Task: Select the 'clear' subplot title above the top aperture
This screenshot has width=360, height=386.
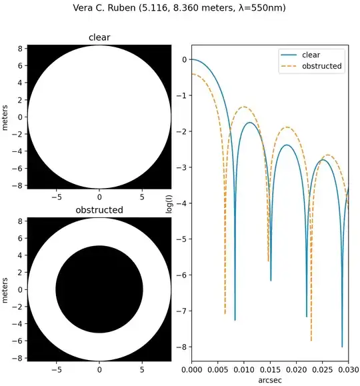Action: (99, 38)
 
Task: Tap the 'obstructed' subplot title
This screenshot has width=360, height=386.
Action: (99, 210)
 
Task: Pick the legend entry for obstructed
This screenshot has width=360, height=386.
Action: (322, 66)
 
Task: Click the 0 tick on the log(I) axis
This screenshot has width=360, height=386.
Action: (183, 59)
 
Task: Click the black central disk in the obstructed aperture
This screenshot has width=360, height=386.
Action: (99, 289)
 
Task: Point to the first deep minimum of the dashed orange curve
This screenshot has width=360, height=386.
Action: (225, 312)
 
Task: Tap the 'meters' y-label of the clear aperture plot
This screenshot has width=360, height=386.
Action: (5, 117)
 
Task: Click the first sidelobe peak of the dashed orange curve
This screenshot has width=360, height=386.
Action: (244, 107)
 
